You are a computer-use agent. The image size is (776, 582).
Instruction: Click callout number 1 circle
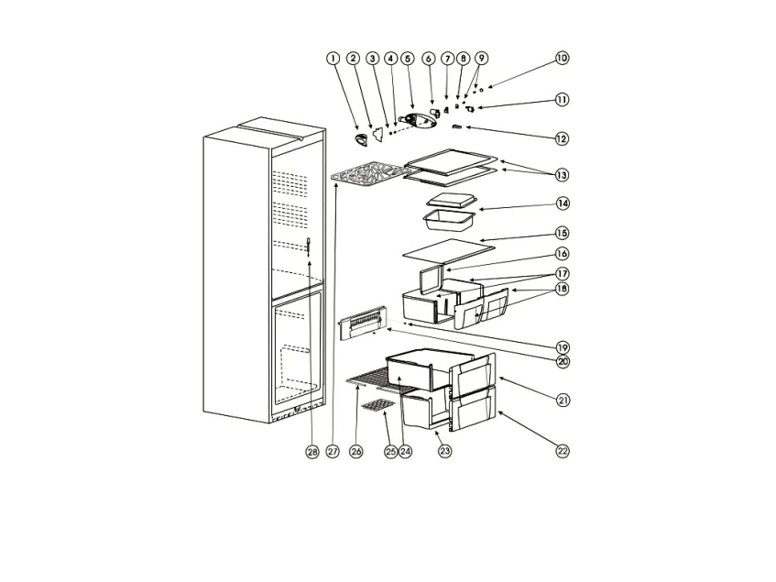[333, 58]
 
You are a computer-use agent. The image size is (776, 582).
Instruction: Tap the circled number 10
[562, 58]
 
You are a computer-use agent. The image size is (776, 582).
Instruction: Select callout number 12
[562, 138]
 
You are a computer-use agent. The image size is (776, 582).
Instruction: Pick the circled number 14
[562, 203]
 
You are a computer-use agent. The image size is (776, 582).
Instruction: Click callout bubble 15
[562, 235]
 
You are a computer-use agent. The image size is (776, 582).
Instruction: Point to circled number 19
[562, 347]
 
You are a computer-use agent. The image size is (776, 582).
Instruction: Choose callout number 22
[562, 450]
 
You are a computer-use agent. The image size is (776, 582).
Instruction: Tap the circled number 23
[445, 451]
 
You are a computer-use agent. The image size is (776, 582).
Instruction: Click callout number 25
[391, 452]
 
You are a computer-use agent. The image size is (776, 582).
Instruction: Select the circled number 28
[312, 452]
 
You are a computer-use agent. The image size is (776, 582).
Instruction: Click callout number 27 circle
[333, 452]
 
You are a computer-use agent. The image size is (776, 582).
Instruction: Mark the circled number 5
[408, 58]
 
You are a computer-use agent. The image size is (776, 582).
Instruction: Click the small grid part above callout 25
[377, 404]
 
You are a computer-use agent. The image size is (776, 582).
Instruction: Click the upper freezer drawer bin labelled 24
[417, 372]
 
